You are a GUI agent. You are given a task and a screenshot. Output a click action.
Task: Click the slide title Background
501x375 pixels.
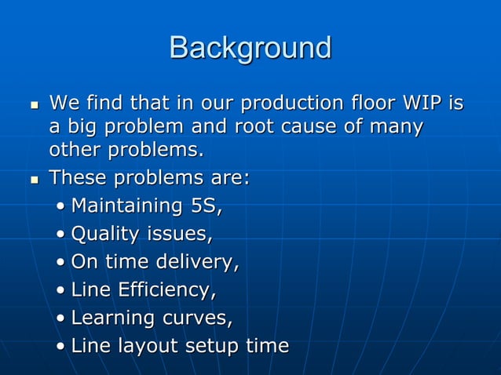(250, 48)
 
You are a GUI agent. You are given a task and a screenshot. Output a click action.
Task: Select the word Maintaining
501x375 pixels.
(126, 206)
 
